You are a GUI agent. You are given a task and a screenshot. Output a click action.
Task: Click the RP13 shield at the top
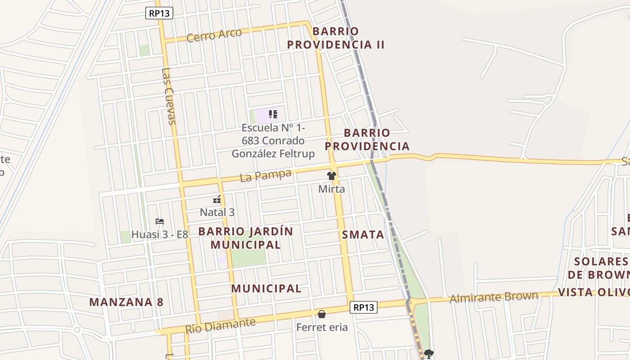click(159, 13)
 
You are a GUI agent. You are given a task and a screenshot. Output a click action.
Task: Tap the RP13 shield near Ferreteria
click(363, 307)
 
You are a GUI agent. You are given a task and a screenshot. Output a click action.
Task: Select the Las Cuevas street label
click(168, 96)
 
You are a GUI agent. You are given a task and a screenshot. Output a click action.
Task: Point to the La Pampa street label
click(265, 175)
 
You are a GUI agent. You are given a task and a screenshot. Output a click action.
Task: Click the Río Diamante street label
click(220, 325)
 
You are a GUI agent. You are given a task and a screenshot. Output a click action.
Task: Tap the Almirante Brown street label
click(494, 297)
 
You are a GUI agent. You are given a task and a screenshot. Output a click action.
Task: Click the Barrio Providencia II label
click(336, 38)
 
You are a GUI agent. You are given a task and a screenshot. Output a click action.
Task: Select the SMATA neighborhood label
click(363, 234)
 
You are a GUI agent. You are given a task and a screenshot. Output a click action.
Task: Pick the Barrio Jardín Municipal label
click(246, 238)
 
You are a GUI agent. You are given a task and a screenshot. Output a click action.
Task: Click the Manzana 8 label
click(126, 302)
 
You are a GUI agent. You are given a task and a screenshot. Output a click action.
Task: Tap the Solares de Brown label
click(598, 268)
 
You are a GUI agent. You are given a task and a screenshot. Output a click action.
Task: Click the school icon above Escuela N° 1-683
click(273, 114)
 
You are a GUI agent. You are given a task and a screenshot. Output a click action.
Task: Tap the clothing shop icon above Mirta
click(332, 176)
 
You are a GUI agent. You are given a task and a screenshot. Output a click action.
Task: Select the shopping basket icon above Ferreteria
click(322, 314)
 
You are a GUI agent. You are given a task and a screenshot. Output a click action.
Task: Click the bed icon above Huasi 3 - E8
click(159, 221)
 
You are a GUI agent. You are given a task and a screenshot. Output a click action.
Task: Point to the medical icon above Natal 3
click(217, 199)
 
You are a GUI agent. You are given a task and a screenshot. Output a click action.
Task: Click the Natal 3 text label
click(217, 212)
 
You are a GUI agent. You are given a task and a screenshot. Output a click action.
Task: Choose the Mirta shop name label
click(332, 189)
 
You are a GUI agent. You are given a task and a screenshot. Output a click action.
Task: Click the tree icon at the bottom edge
click(429, 354)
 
